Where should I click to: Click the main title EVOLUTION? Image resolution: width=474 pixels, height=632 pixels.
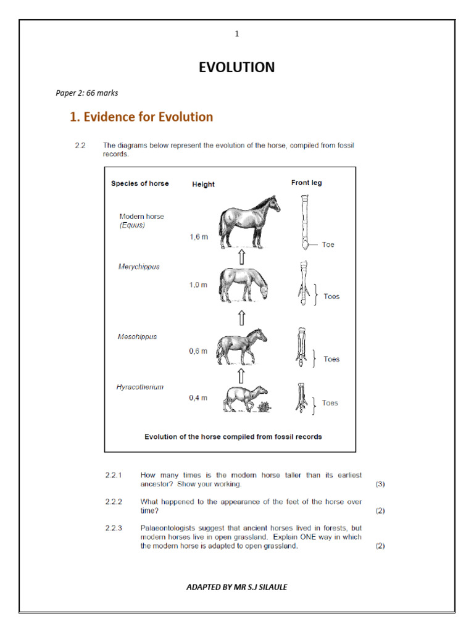tap(236, 67)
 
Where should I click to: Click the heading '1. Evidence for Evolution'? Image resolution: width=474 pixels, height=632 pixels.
tap(141, 117)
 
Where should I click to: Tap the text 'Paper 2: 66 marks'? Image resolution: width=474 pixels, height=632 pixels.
tap(87, 93)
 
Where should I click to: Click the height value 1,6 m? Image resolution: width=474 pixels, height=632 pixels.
tap(198, 237)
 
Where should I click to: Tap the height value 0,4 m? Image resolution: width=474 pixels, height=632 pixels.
tap(198, 398)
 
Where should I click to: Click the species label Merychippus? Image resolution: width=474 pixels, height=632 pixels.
tap(139, 267)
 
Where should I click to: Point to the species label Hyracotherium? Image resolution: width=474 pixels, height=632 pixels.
tap(140, 387)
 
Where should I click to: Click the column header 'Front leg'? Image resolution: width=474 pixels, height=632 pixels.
tap(306, 183)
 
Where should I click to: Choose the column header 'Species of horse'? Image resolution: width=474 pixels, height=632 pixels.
tap(139, 183)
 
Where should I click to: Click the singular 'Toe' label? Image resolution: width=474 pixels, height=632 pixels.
tap(328, 245)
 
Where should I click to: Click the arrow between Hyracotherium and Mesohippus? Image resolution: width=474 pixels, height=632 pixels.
tap(241, 375)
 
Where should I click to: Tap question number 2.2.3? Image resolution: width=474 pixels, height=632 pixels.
tap(114, 528)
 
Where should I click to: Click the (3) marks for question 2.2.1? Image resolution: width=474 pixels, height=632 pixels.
tap(380, 484)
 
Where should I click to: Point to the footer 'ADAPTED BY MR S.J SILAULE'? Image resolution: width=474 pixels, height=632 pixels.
tap(236, 587)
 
